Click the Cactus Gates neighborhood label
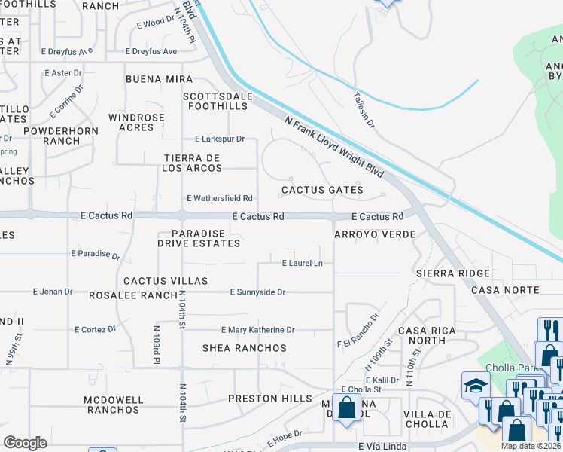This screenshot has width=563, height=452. pyautogui.click(x=322, y=191)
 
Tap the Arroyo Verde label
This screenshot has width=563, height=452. pyautogui.click(x=375, y=235)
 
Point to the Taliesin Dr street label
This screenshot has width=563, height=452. pyautogui.click(x=364, y=109)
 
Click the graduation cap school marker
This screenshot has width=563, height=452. pyautogui.click(x=475, y=386)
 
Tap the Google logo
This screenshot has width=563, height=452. pyautogui.click(x=25, y=443)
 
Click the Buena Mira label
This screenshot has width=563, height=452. pyautogui.click(x=159, y=79)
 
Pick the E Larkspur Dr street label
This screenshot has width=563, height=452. pyautogui.click(x=220, y=139)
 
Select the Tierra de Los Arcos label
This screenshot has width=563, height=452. pyautogui.click(x=192, y=163)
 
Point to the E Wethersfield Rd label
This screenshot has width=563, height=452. pyautogui.click(x=220, y=198)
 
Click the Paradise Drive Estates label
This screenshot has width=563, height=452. pyautogui.click(x=199, y=238)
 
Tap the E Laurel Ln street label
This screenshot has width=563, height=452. pyautogui.click(x=302, y=263)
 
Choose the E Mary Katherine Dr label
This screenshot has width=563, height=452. pyautogui.click(x=257, y=330)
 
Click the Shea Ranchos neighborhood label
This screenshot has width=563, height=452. pyautogui.click(x=245, y=348)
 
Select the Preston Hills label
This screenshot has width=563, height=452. pyautogui.click(x=269, y=399)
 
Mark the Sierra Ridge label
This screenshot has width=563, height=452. pyautogui.click(x=453, y=273)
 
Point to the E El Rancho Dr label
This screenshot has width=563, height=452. pyautogui.click(x=358, y=330)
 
